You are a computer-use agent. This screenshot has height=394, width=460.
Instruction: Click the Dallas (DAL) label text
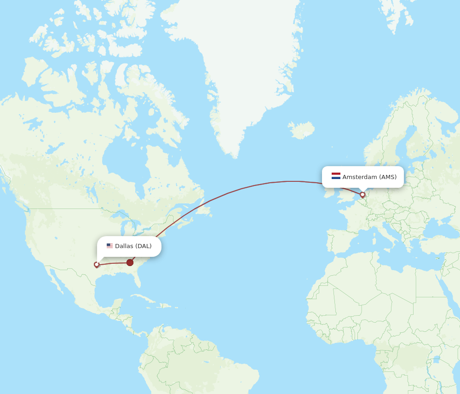point(133,246)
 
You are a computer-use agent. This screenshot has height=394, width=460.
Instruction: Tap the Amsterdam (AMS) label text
point(369,177)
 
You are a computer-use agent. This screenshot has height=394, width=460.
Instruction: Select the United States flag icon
point(109,246)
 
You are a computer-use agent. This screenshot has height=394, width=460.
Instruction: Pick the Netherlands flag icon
point(336,176)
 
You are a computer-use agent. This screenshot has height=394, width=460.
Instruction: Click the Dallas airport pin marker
point(97,264)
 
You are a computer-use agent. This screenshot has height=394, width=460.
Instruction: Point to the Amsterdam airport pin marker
point(362,195)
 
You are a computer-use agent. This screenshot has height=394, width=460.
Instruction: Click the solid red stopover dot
point(130,262)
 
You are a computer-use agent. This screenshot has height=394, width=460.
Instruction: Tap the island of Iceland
point(302,130)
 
